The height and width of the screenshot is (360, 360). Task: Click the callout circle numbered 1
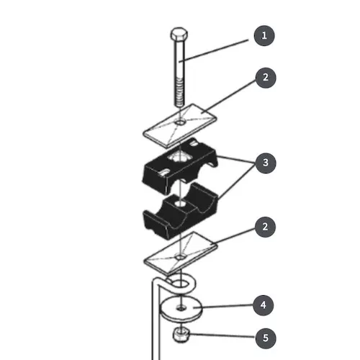[264, 35]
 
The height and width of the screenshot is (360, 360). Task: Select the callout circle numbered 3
[266, 163]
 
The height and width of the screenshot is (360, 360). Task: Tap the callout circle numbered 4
[264, 305]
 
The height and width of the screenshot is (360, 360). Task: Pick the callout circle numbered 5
[266, 338]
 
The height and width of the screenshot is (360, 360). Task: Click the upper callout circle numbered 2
[266, 78]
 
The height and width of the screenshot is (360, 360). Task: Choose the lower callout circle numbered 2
[265, 227]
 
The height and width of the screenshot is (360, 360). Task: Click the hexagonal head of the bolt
[179, 35]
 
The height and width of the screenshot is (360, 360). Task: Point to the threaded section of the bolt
[179, 91]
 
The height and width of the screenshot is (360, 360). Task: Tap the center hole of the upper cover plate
[180, 122]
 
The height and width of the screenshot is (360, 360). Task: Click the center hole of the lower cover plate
[180, 258]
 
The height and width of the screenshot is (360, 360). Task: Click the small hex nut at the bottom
[181, 334]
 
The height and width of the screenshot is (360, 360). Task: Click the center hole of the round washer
[181, 307]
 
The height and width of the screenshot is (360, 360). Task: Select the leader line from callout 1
[214, 51]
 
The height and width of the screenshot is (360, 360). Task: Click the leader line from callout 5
[222, 336]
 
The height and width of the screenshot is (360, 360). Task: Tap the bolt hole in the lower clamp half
[180, 204]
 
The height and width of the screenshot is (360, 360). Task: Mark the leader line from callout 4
[225, 306]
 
